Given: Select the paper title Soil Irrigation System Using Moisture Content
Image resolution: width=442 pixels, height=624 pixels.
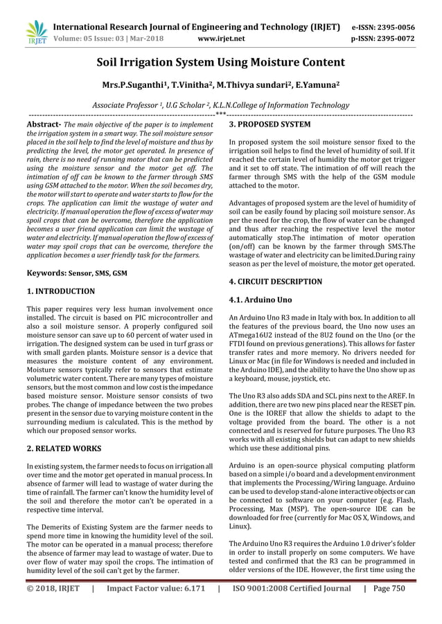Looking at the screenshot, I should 220,63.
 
